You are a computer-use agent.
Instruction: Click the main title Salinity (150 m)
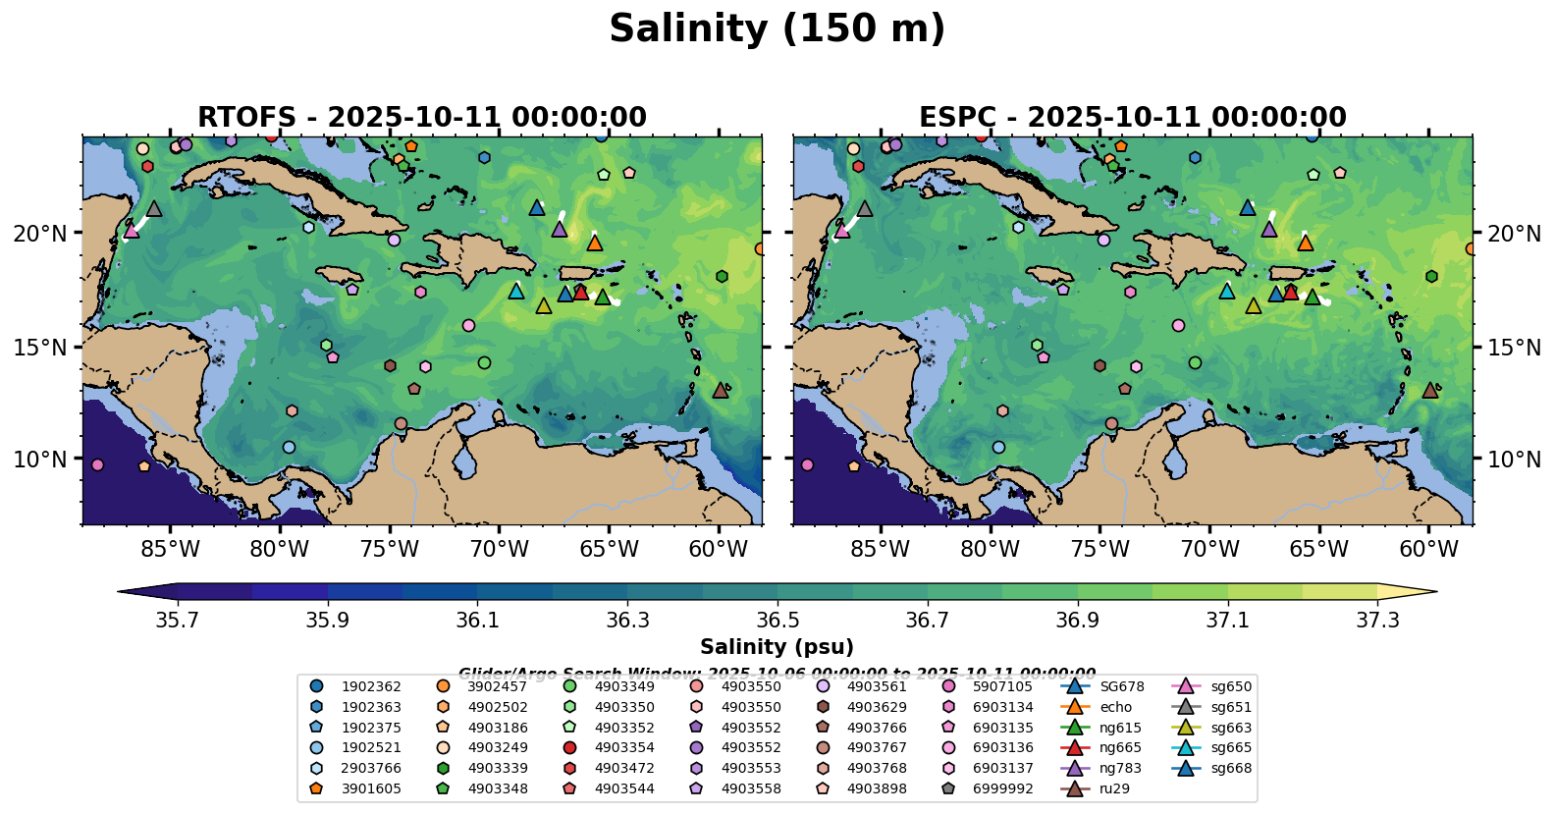click(777, 29)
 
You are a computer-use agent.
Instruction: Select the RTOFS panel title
click(422, 118)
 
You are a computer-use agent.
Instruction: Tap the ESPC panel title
click(1132, 118)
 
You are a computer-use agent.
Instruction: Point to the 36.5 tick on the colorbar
click(777, 621)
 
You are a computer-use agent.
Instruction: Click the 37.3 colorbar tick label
click(1377, 621)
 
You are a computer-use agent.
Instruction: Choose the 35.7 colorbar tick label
click(178, 621)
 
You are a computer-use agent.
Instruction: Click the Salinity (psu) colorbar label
click(777, 647)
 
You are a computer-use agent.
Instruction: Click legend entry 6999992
click(1002, 788)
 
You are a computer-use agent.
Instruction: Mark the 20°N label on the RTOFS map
click(40, 234)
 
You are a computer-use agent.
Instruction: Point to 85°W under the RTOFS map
click(170, 549)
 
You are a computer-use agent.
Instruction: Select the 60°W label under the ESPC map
click(1428, 549)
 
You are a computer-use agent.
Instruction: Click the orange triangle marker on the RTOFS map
click(595, 243)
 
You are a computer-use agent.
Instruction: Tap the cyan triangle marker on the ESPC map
click(1226, 291)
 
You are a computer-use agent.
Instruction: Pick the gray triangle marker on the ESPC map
click(865, 208)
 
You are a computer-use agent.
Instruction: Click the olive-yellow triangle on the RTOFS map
click(544, 305)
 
